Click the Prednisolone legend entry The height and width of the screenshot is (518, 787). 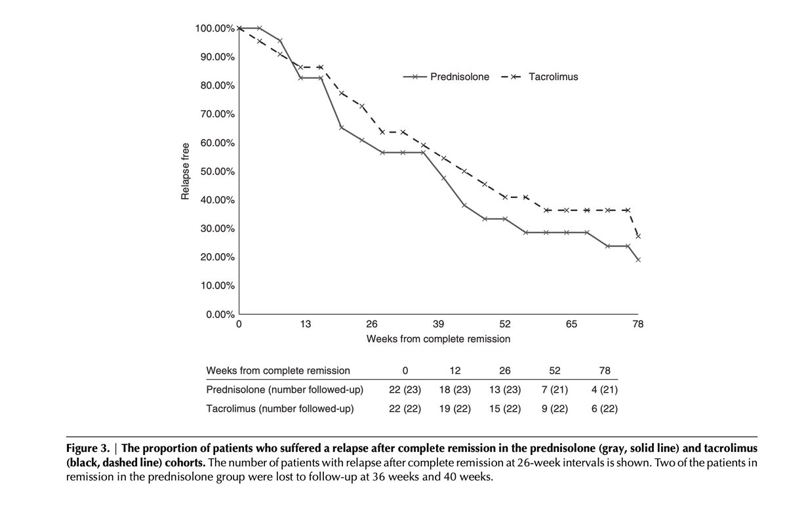pyautogui.click(x=459, y=77)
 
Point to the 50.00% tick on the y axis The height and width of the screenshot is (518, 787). pyautogui.click(x=214, y=171)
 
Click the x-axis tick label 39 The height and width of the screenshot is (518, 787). pyautogui.click(x=439, y=325)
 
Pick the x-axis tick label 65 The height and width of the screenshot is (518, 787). pyautogui.click(x=571, y=325)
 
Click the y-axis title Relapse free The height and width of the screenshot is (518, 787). pyautogui.click(x=186, y=171)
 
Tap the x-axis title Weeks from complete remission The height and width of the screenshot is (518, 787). pyautogui.click(x=438, y=339)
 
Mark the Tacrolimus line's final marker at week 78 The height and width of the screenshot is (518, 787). pyautogui.click(x=638, y=236)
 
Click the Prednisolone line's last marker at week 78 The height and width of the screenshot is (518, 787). pyautogui.click(x=638, y=260)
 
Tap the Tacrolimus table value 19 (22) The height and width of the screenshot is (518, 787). pyautogui.click(x=455, y=409)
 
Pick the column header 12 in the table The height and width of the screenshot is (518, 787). pyautogui.click(x=455, y=370)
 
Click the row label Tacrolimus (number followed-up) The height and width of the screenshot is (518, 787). pyautogui.click(x=280, y=409)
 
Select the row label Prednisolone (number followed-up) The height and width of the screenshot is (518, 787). pyautogui.click(x=284, y=389)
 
